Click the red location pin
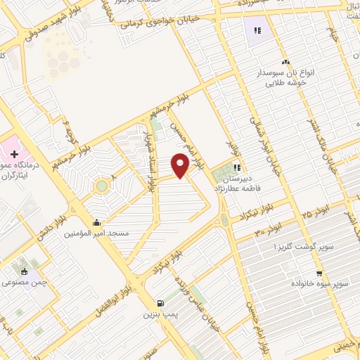click(180, 165)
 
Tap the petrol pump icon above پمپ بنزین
click(161, 303)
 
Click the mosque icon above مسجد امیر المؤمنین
click(96, 222)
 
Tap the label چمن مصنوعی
click(25, 282)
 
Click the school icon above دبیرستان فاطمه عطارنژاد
click(238, 167)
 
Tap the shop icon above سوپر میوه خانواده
click(319, 274)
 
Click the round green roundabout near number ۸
click(103, 186)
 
